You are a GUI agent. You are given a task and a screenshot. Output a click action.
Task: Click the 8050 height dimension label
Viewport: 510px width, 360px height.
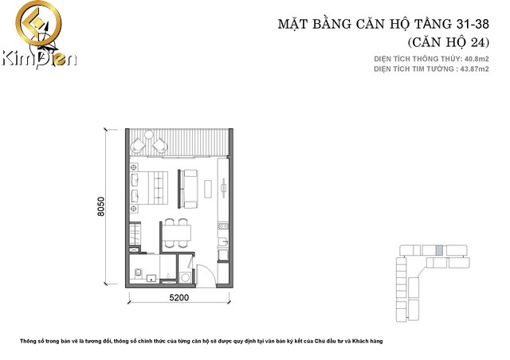(x=101, y=207)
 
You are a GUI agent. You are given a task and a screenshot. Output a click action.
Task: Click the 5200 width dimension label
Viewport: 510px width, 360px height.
(x=178, y=298)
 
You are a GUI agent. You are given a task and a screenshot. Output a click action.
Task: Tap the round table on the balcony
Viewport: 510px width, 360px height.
(x=149, y=135)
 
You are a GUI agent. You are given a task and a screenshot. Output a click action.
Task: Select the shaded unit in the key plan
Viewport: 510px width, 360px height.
(x=439, y=250)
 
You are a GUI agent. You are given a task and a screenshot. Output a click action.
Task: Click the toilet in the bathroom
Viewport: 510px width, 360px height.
(x=138, y=273)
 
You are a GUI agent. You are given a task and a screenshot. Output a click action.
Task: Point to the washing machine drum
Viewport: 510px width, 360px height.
(x=186, y=278)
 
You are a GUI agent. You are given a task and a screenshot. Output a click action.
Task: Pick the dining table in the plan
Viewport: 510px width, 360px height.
(x=177, y=233)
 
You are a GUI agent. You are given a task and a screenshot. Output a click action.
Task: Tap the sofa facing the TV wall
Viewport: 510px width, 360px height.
(x=190, y=189)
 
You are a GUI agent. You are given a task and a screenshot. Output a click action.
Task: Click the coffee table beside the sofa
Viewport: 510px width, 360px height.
(x=208, y=189)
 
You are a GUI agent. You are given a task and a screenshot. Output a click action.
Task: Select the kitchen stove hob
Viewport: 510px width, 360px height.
(x=223, y=226)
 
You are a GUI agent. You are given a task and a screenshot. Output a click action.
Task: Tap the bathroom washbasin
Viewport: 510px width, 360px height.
(x=151, y=279)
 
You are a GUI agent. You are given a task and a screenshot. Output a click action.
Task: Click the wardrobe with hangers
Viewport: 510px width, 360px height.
(x=135, y=234)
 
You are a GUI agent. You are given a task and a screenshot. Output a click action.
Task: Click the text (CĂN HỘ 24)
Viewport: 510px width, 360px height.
(x=449, y=42)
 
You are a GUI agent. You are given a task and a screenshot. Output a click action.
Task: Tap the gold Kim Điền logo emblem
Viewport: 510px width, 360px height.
(x=38, y=23)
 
